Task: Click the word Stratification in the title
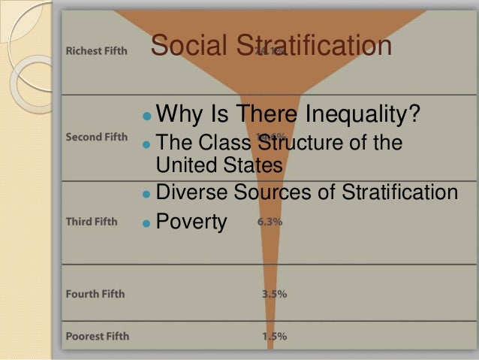pyautogui.click(x=315, y=46)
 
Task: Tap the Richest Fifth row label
pyautogui.click(x=96, y=52)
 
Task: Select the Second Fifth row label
pyautogui.click(x=96, y=138)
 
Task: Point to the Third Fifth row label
pyautogui.click(x=91, y=222)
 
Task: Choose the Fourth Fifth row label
pyautogui.click(x=95, y=293)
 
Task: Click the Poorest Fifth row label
pyautogui.click(x=96, y=335)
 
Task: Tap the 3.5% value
pyautogui.click(x=274, y=294)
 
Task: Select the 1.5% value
pyautogui.click(x=274, y=336)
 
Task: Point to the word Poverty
pyautogui.click(x=192, y=222)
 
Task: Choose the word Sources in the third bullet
pyautogui.click(x=281, y=192)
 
